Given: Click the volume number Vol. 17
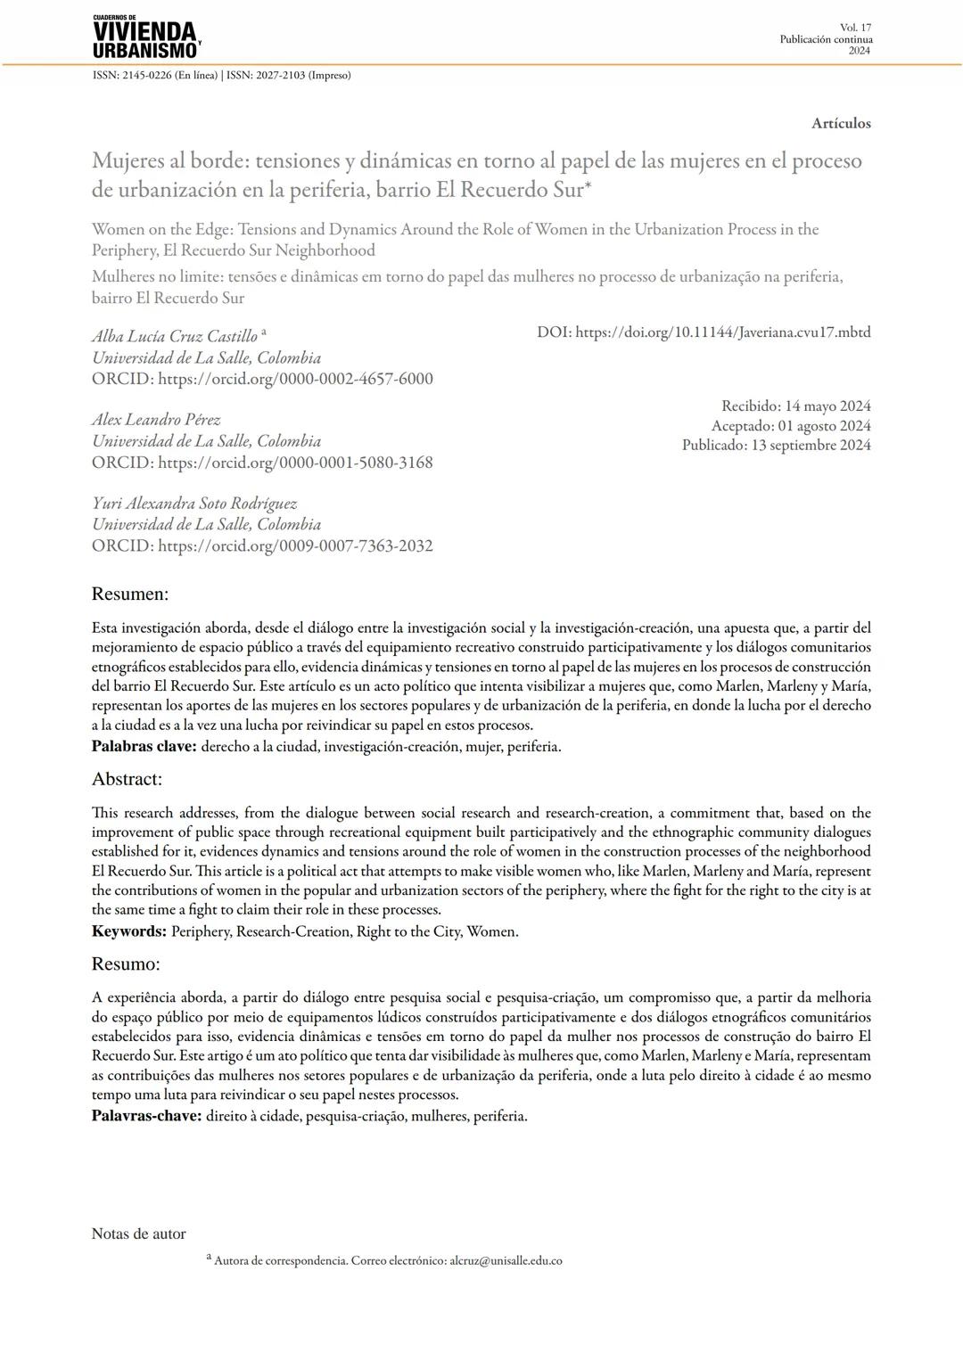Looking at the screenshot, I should (855, 28).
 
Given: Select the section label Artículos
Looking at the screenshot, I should (841, 123).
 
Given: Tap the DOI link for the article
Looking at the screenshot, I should (722, 332).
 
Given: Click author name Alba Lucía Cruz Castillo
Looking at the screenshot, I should (175, 336).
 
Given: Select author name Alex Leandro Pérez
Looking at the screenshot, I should (156, 420).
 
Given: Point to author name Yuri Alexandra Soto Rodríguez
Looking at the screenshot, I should (194, 504).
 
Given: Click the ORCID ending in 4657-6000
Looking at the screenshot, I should (295, 379).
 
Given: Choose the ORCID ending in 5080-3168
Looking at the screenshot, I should (295, 463).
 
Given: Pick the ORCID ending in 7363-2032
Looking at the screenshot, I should (295, 545).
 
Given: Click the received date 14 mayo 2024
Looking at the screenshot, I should (827, 406).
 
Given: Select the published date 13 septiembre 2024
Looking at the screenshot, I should (811, 445).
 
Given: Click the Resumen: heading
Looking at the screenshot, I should (130, 594).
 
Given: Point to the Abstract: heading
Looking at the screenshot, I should (127, 779).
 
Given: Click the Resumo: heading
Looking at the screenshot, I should (126, 963).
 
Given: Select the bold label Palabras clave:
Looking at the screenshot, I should (144, 747).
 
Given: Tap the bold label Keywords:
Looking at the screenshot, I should (129, 931).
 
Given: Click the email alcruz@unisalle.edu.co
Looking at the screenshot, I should (506, 1260).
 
